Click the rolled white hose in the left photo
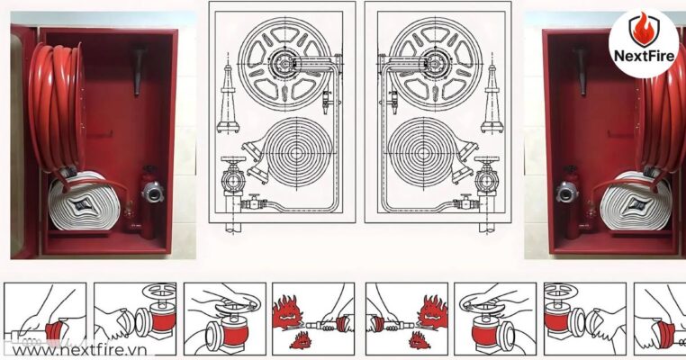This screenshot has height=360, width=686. (81, 203)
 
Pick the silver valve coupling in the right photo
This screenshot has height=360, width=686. (567, 192)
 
